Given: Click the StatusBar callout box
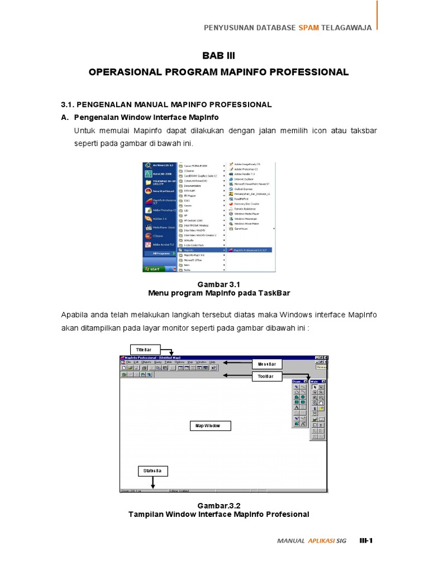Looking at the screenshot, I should coord(152,471).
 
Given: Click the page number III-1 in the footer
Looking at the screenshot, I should coord(366,540).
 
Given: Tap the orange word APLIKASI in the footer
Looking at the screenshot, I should coord(321,540).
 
